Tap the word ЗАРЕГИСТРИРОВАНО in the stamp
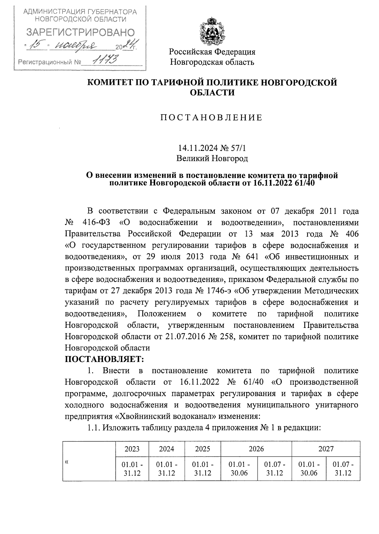[80, 32]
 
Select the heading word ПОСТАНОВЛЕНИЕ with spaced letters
[212, 118]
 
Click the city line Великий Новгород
[212, 158]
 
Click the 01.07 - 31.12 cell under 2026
[274, 469]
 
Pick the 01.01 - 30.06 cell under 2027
[309, 469]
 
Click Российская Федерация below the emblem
[212, 52]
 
